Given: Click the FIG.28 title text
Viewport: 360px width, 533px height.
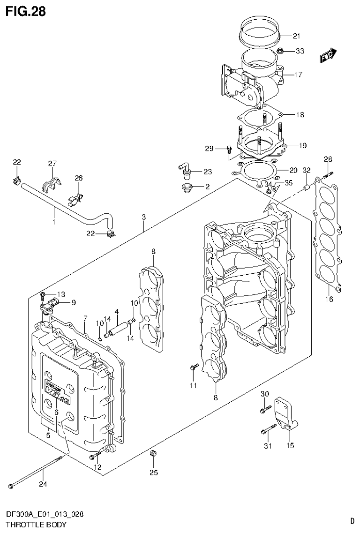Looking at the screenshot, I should pos(26,11).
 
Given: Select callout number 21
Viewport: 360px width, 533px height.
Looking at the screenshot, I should pos(296,36).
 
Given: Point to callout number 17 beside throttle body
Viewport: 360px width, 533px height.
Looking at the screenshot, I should pos(299,74).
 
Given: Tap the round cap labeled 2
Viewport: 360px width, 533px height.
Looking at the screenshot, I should pos(188,188).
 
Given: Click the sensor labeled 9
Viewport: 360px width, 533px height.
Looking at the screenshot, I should pos(50,307).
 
